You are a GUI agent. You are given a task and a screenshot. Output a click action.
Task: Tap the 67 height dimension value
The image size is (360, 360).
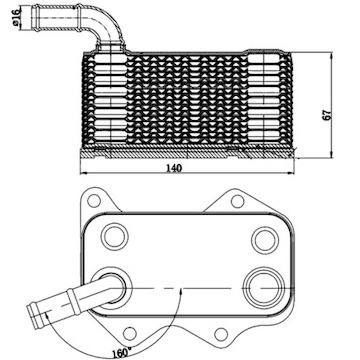click(x=342, y=115)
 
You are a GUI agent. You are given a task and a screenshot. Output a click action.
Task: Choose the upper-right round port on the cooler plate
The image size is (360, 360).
click(x=264, y=238)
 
